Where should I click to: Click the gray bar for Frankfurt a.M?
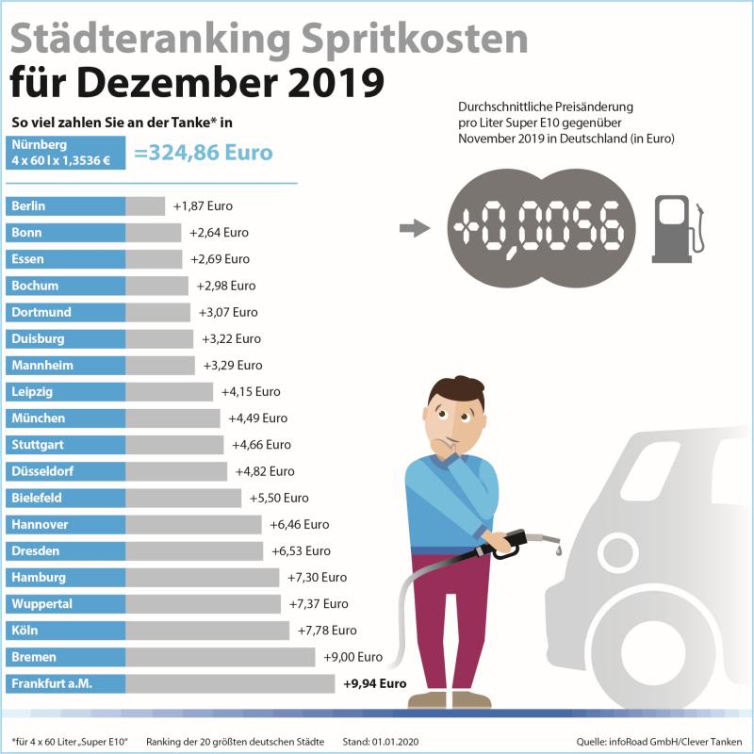click(230, 683)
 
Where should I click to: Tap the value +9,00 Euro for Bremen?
click(352, 657)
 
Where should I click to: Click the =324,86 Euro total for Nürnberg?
click(204, 153)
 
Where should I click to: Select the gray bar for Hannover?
click(193, 524)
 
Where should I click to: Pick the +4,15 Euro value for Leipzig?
click(250, 391)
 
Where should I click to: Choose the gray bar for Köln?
click(207, 631)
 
